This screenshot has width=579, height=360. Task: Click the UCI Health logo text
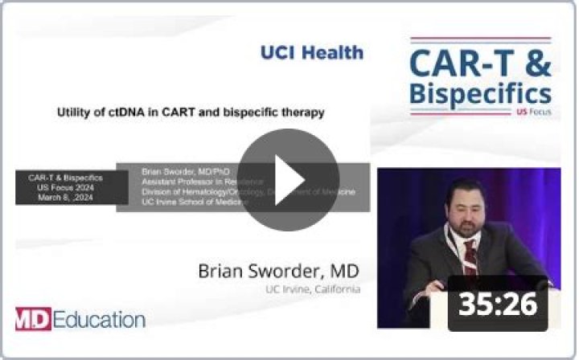[x=311, y=53]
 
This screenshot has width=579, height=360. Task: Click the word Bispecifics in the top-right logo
[x=480, y=92]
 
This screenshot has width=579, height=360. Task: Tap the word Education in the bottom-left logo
[x=100, y=319]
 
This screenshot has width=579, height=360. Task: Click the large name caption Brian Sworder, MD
[x=279, y=269]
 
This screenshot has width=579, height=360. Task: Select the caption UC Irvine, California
[x=313, y=288]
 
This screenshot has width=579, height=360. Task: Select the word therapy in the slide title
[x=301, y=112]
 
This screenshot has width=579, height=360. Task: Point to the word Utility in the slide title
[x=75, y=112]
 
